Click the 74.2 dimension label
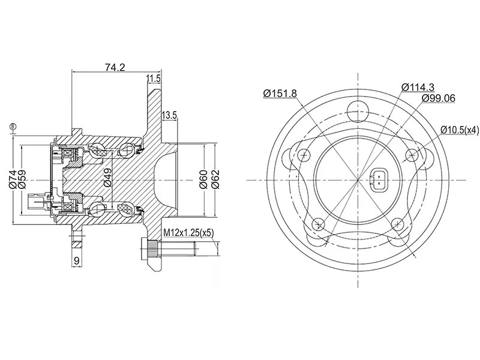coord(115,67)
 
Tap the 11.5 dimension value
coord(153,79)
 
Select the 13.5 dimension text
coord(169,115)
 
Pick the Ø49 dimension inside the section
coord(108,178)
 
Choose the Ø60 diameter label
coord(204,179)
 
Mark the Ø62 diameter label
coord(215,179)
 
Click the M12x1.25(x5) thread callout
coord(188,233)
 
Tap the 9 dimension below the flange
coord(77,260)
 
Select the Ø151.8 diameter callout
coord(280,93)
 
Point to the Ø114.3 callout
coord(418,87)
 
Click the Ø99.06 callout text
coord(438,98)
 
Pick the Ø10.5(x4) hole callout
coord(460,130)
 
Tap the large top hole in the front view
coord(358,112)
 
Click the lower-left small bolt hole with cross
coord(319,225)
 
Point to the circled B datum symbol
coord(13,126)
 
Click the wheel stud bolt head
coord(145,248)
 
